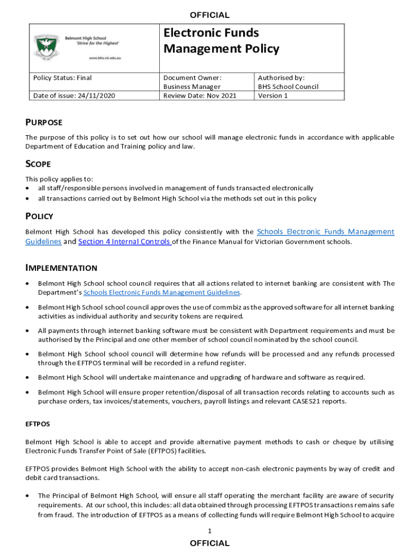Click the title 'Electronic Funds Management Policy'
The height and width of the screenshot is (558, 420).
tap(221, 41)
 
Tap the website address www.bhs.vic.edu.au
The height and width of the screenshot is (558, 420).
tap(104, 57)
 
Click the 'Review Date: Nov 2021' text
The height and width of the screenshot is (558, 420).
tap(200, 96)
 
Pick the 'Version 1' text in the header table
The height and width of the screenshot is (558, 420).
tap(273, 96)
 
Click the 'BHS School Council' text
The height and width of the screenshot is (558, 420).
tap(288, 87)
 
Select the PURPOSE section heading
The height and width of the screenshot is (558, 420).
tap(44, 122)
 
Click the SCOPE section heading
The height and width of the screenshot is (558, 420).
tap(38, 164)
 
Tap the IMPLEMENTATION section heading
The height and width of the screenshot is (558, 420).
tap(61, 268)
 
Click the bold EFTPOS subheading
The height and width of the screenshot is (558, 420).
tap(38, 423)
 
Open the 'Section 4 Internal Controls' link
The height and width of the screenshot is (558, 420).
tap(125, 242)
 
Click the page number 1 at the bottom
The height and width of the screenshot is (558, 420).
tap(209, 531)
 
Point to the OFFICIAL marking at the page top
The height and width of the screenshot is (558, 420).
tap(209, 15)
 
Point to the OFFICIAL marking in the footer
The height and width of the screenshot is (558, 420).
tap(209, 543)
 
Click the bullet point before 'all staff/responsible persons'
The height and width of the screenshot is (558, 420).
tap(28, 188)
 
